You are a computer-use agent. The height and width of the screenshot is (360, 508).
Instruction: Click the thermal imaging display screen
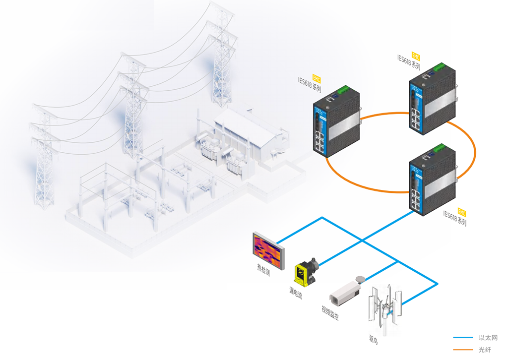click(268, 250)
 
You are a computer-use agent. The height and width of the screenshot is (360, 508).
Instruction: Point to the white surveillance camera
click(345, 292)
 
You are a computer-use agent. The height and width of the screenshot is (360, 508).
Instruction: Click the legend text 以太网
click(488, 338)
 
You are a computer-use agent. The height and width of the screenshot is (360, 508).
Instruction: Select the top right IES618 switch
click(431, 99)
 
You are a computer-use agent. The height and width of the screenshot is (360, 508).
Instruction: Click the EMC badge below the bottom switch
click(462, 211)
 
